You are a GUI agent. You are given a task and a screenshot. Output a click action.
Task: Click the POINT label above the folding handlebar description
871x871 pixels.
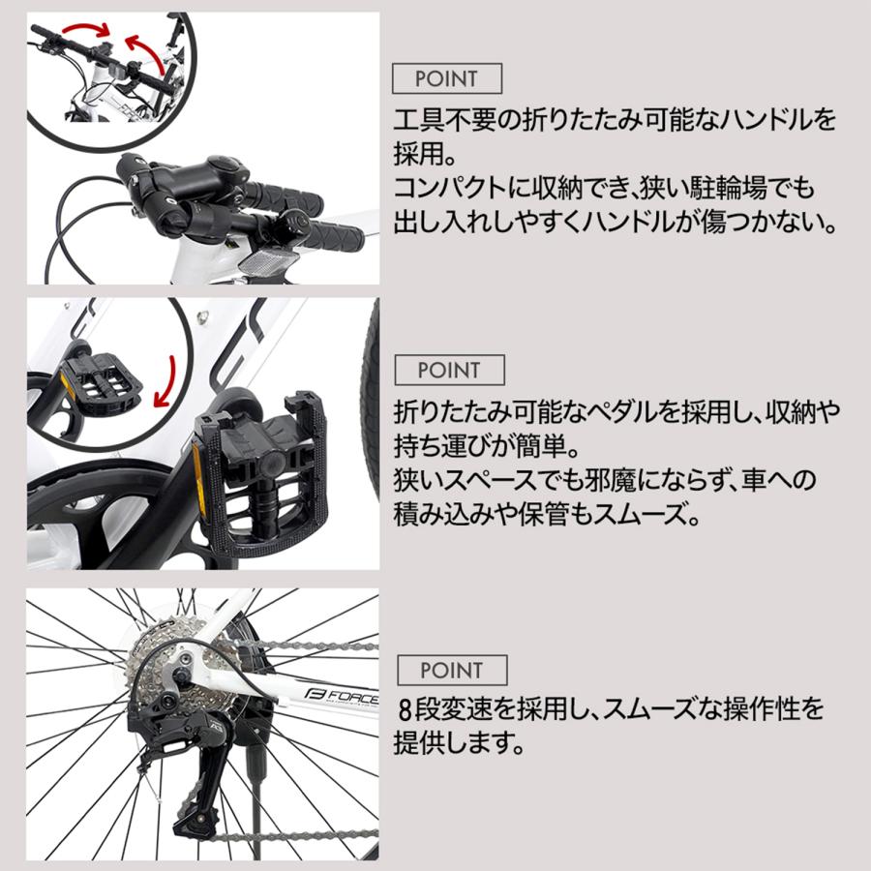446,78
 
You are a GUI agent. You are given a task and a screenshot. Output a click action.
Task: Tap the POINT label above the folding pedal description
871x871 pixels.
448,370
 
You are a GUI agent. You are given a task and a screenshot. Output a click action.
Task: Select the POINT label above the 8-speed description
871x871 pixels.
451,670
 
